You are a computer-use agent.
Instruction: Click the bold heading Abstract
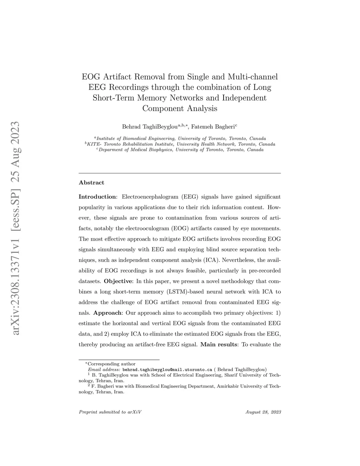91,183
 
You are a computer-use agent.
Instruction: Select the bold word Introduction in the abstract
97,197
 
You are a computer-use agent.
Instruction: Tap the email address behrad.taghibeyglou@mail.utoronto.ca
167,369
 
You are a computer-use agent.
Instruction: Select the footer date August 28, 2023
263,412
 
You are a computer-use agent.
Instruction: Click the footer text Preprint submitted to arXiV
110,412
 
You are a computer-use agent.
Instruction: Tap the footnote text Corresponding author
111,364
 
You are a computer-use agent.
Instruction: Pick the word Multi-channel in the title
253,77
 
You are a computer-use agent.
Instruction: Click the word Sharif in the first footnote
232,375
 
